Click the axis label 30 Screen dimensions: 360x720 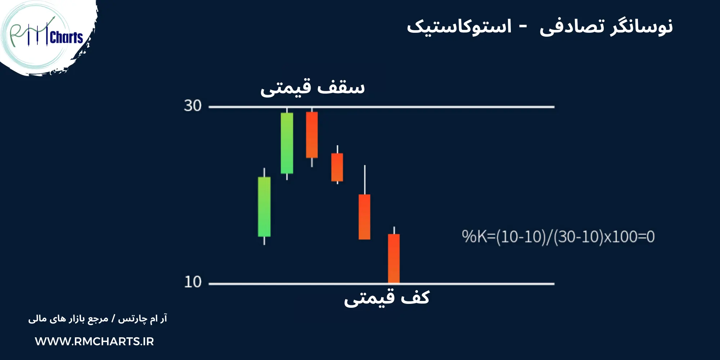193,106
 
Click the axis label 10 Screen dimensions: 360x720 193,282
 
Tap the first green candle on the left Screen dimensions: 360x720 264,207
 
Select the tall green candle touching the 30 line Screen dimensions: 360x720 287,143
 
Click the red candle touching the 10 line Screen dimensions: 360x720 394,258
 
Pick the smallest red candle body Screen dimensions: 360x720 337,167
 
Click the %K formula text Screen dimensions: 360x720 558,237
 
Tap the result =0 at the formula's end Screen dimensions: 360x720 647,237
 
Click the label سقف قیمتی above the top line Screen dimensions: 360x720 312,87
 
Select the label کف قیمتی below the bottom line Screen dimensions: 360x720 387,298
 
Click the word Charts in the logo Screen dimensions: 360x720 66,37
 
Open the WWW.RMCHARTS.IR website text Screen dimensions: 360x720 94,341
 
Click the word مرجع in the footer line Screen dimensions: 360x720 98,319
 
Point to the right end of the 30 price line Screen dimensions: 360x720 553,107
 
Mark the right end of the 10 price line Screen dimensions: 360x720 553,284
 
